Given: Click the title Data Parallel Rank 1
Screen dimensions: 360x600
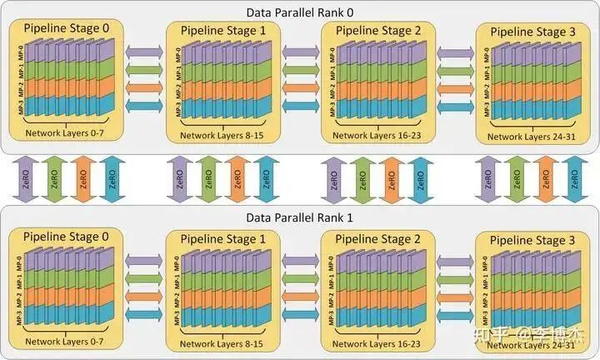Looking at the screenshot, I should pos(300,218).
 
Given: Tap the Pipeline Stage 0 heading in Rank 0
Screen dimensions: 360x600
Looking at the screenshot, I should pos(67,28).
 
